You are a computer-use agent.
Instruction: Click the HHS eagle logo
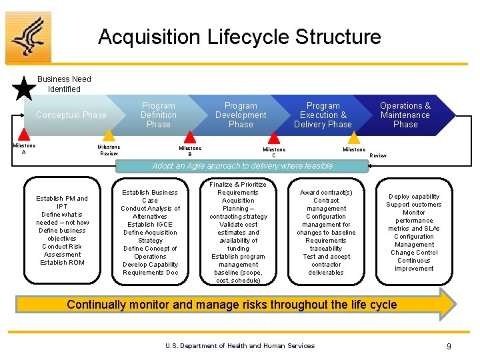(x=28, y=37)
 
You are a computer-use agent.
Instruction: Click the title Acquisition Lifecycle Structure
(x=239, y=37)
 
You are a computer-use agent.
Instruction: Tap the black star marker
(x=25, y=87)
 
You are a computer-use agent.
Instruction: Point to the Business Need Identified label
(x=64, y=84)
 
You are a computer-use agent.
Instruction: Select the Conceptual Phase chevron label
(x=71, y=115)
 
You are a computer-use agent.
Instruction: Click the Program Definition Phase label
(x=159, y=115)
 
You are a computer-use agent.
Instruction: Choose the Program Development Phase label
(x=241, y=115)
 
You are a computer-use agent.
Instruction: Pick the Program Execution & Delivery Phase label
(x=323, y=115)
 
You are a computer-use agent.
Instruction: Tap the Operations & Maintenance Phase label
(x=405, y=115)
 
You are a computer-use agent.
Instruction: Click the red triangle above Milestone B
(x=191, y=139)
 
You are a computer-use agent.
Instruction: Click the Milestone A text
(x=25, y=149)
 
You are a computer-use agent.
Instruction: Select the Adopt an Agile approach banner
(x=243, y=166)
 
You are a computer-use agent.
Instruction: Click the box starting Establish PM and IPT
(x=63, y=230)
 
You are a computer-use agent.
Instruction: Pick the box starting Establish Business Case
(x=150, y=233)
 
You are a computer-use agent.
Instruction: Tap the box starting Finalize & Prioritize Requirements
(x=238, y=233)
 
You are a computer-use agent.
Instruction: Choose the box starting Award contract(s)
(x=326, y=233)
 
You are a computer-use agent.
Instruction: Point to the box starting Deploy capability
(x=413, y=233)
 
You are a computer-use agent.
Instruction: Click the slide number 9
(x=449, y=346)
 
